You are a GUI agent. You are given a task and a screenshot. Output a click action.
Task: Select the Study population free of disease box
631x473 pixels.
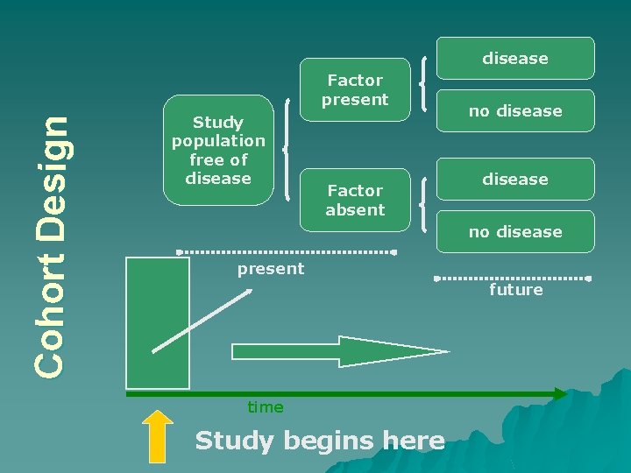[218, 150]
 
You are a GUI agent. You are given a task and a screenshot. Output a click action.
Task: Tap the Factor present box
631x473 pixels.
[354, 89]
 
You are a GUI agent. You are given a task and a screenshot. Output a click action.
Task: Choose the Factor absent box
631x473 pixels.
[354, 200]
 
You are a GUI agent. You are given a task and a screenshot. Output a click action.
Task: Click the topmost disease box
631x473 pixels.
[515, 59]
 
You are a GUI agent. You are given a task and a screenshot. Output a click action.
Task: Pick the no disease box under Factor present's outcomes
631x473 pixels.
[515, 111]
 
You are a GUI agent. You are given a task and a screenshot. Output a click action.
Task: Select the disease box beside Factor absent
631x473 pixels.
[515, 180]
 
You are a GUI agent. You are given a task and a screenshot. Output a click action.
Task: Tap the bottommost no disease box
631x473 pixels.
[515, 232]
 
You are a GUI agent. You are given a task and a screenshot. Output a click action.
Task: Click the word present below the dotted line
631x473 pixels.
[271, 269]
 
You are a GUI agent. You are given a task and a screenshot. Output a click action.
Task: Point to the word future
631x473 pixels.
[516, 290]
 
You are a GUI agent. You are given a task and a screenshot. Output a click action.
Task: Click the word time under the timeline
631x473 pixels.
[266, 407]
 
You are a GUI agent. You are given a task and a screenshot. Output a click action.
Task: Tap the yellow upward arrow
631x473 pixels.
[158, 435]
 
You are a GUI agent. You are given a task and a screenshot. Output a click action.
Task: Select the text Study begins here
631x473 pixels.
[320, 441]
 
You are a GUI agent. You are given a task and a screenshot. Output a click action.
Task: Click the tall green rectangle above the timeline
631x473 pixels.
[158, 322]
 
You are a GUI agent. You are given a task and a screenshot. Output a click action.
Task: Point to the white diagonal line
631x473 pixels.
[202, 320]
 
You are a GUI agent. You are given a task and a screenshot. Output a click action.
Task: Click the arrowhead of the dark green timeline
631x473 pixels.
[560, 394]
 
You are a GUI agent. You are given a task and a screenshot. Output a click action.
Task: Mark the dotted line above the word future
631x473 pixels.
[514, 279]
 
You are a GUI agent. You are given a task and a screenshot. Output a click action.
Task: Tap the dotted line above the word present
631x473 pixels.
[287, 252]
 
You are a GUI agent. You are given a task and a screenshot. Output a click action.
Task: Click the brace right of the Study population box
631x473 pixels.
[287, 150]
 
